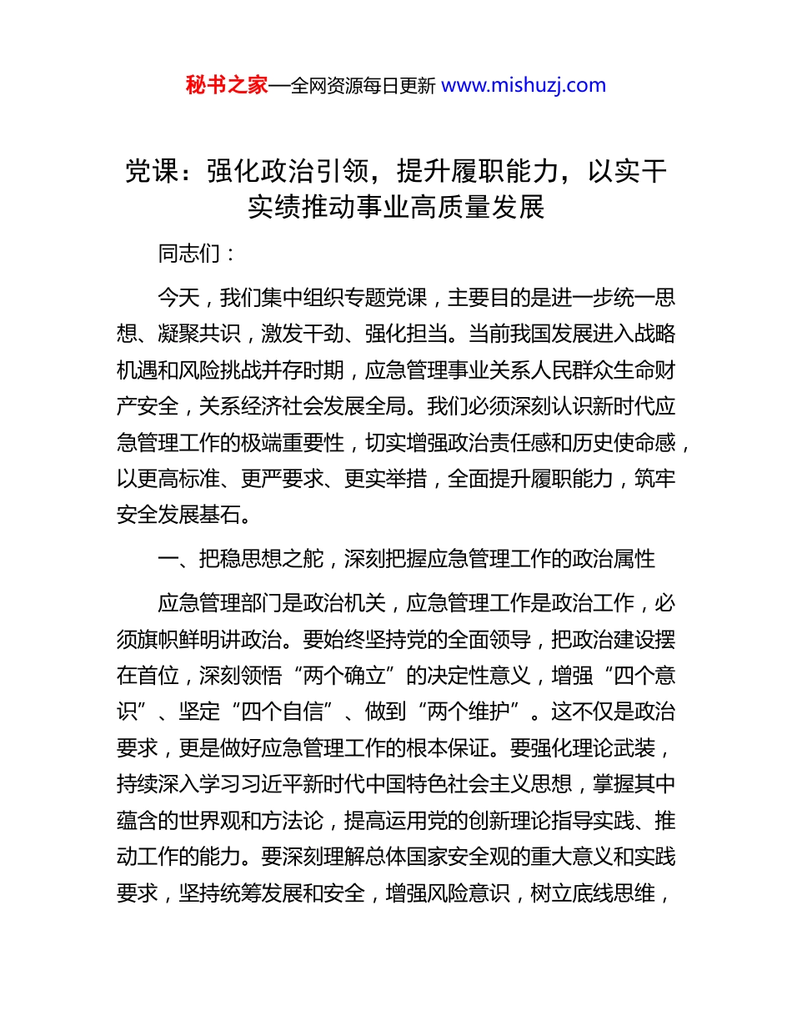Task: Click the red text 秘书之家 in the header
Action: tap(227, 85)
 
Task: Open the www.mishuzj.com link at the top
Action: tap(523, 85)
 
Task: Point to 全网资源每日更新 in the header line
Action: tap(363, 85)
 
